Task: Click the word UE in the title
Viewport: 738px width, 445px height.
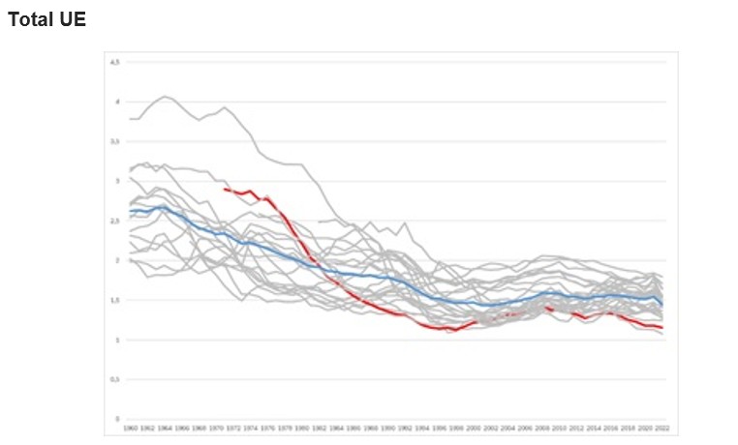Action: point(74,19)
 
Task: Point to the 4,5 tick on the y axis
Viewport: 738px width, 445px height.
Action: point(115,62)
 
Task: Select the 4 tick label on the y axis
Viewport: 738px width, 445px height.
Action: point(117,102)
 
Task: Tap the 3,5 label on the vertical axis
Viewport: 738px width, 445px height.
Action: point(115,141)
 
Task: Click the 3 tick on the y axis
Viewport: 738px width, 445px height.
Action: point(117,181)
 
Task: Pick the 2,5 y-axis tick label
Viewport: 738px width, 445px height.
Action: point(115,221)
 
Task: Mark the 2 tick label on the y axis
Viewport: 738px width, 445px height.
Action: point(117,260)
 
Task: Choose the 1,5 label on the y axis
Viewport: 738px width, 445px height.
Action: point(115,300)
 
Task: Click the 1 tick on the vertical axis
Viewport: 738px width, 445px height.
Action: point(117,340)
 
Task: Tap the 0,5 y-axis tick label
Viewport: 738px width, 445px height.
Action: point(115,379)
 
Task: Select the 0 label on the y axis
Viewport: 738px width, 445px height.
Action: point(117,419)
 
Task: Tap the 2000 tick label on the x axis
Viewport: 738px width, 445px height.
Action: point(474,427)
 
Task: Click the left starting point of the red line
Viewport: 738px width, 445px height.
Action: point(225,189)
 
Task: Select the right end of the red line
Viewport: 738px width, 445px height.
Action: point(661,328)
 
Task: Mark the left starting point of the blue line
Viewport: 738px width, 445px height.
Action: point(130,211)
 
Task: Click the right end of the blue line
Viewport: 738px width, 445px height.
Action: point(661,305)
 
